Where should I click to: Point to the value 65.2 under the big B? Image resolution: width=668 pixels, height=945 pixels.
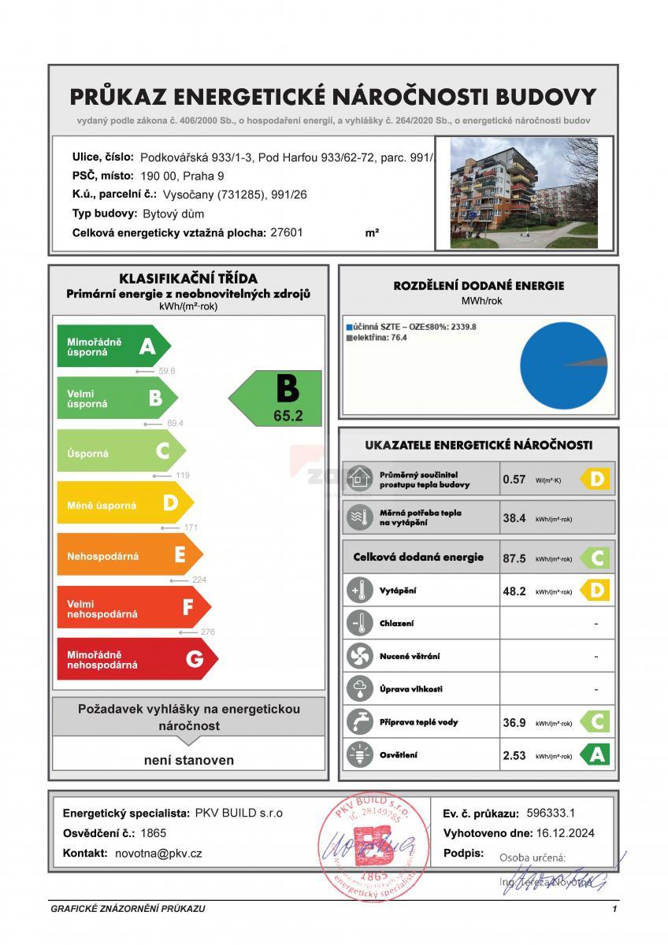[x=288, y=416]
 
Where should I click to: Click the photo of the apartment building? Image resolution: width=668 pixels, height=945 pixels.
[x=524, y=194]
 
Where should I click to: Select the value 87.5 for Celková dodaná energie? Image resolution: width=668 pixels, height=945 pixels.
[x=514, y=558]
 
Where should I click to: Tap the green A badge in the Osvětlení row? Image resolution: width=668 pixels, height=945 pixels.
[x=596, y=755]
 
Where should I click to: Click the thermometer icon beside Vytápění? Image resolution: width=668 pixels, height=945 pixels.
[x=359, y=591]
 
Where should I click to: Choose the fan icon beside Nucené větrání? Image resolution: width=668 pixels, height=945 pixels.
[x=359, y=656]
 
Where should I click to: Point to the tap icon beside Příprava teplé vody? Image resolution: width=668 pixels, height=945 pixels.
[x=359, y=722]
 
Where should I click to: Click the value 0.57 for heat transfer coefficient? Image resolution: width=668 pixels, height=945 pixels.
[x=514, y=479]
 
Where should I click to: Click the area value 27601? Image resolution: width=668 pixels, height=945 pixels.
[x=286, y=233]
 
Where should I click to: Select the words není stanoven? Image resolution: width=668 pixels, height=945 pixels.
[x=189, y=761]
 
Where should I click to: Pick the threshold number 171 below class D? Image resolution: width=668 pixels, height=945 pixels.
[x=189, y=528]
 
